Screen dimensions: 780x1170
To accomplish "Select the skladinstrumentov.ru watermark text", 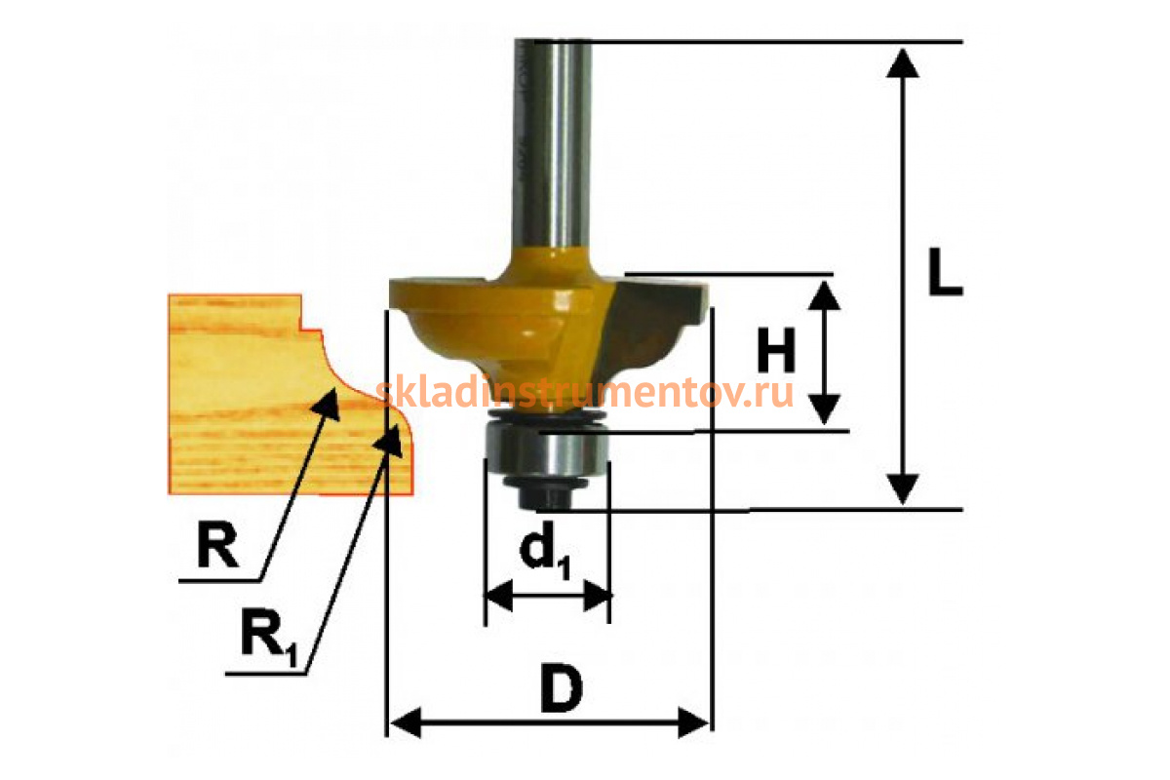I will pyautogui.click(x=585, y=392).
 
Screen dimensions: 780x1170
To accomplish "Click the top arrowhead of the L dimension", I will pyautogui.click(x=906, y=60).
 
